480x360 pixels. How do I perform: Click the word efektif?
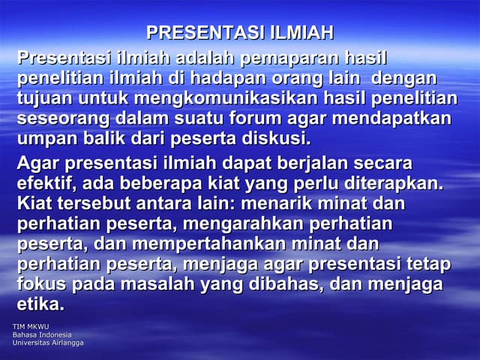pyautogui.click(x=46, y=184)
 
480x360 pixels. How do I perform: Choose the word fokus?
pyautogui.click(x=41, y=285)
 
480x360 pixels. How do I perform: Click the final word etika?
pyautogui.click(x=40, y=305)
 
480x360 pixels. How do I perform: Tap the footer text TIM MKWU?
pyautogui.click(x=31, y=327)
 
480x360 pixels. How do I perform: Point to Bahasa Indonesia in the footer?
pyautogui.click(x=42, y=334)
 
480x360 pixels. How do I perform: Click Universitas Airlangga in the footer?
pyautogui.click(x=48, y=343)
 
